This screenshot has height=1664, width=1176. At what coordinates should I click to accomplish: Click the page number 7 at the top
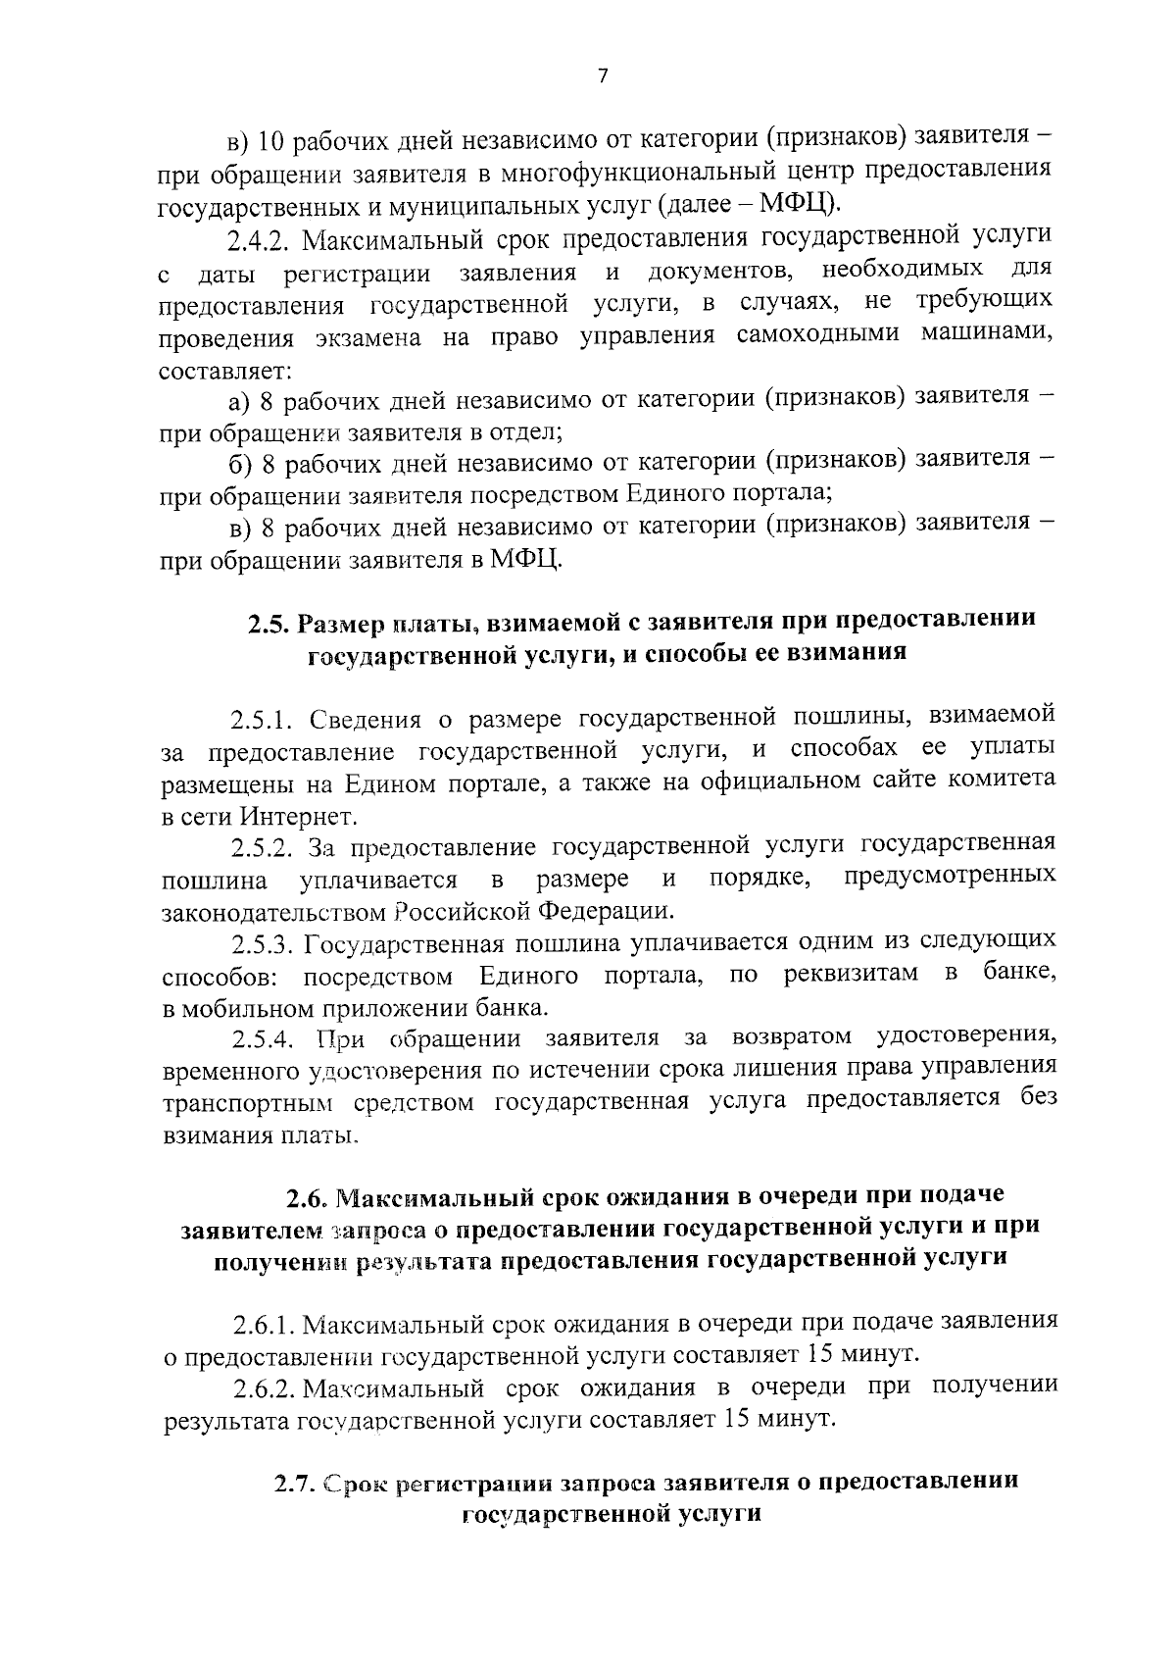coord(603,76)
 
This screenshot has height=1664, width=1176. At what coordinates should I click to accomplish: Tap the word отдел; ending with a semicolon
coord(526,432)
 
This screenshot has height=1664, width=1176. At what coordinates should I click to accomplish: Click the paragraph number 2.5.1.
coord(265,721)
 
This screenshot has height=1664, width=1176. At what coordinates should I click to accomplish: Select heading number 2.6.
coord(308,1198)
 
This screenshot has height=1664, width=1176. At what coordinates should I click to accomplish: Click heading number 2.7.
coord(293,1483)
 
